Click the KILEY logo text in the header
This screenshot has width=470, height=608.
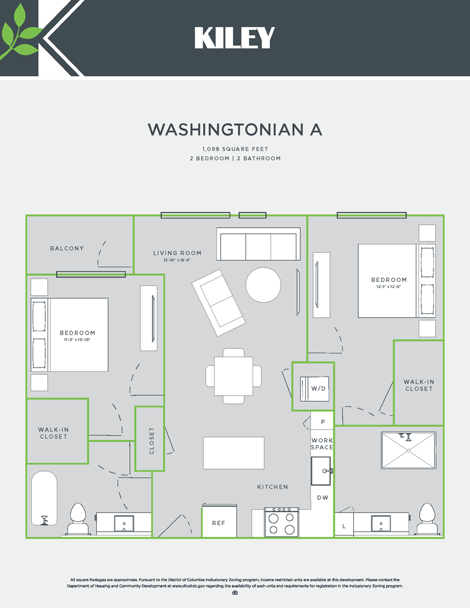tap(234, 38)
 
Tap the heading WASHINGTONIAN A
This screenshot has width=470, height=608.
tap(234, 129)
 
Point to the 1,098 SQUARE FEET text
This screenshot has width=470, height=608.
tap(234, 149)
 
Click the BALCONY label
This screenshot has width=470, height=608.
tap(67, 248)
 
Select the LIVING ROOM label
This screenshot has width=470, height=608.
tap(177, 253)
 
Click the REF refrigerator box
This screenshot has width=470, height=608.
tap(218, 522)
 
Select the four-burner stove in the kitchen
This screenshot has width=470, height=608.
tap(281, 522)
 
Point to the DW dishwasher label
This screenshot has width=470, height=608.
tap(322, 497)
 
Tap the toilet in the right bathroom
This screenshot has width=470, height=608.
tap(427, 519)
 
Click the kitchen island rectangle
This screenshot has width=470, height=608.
tap(233, 453)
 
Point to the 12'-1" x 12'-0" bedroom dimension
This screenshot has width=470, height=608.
tap(389, 286)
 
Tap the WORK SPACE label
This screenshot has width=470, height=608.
tap(322, 444)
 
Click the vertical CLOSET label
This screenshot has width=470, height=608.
tap(152, 440)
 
